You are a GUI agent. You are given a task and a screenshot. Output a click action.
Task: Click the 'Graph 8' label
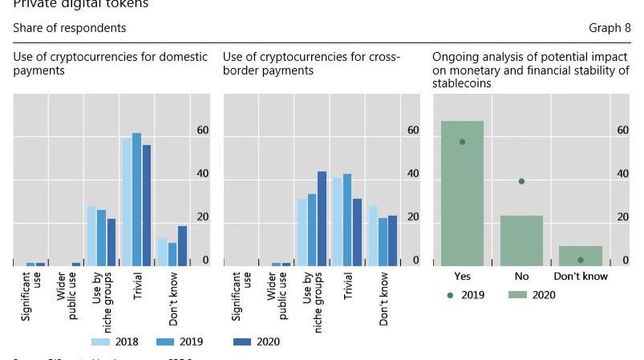pos(610,28)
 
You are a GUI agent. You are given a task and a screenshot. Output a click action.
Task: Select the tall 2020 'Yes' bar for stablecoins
pos(462,192)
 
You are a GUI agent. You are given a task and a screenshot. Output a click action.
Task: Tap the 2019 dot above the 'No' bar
pos(521,181)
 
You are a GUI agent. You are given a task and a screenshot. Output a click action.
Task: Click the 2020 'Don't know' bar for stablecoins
pos(581,256)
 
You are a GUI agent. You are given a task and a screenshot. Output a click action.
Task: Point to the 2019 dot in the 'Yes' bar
pos(462,142)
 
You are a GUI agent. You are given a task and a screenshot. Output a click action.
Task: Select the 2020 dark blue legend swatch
pos(241,342)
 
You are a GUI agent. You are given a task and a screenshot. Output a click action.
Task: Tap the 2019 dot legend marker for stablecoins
pos(450,295)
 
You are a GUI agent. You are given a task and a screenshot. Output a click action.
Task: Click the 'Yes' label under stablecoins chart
pos(462,277)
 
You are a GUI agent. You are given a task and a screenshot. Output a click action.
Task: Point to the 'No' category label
pos(521,277)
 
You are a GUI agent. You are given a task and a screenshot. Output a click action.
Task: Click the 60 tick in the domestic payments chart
pos(203,131)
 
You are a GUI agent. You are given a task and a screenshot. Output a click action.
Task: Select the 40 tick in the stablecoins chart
pos(622,174)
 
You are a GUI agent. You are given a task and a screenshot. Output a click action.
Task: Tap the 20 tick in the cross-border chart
pos(413,217)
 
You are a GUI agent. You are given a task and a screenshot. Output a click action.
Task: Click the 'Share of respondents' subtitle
pos(70,28)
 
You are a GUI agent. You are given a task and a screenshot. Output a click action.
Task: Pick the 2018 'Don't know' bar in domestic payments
pos(162,252)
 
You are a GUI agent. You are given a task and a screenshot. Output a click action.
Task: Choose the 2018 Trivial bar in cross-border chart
pos(338,221)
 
